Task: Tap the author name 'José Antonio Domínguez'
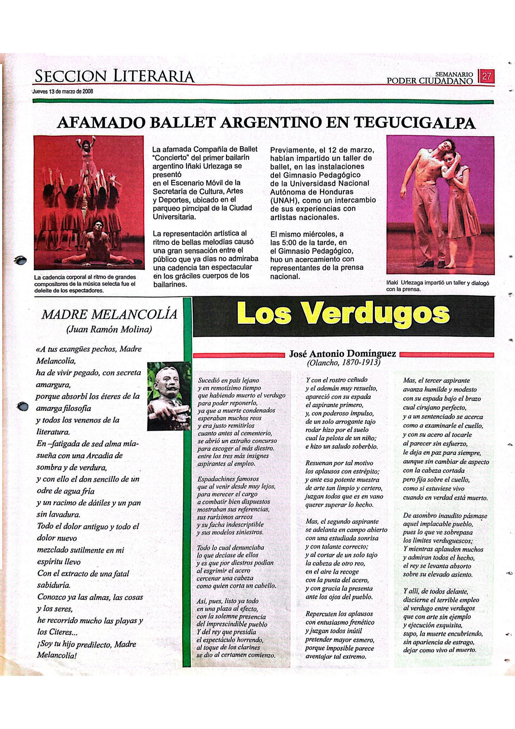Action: [342, 353]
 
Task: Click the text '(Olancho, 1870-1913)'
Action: [344, 362]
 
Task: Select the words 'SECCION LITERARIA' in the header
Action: [114, 76]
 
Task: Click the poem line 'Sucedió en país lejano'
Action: [228, 380]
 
